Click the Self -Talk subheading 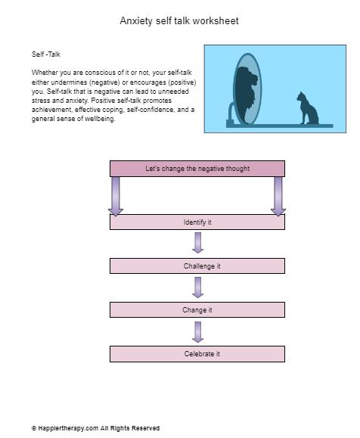pyautogui.click(x=46, y=54)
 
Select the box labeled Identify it pyautogui.click(x=197, y=222)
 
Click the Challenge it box pyautogui.click(x=197, y=266)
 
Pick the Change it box pyautogui.click(x=197, y=310)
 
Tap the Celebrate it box pyautogui.click(x=197, y=354)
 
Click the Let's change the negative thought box pyautogui.click(x=197, y=169)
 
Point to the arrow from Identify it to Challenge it pyautogui.click(x=197, y=243)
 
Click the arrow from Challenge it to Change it pyautogui.click(x=197, y=287)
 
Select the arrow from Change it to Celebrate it pyautogui.click(x=197, y=332)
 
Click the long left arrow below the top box pyautogui.click(x=116, y=196)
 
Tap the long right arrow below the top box pyautogui.click(x=278, y=196)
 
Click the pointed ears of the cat pyautogui.click(x=300, y=93)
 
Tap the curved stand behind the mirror pyautogui.click(x=231, y=112)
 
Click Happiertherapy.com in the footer pyautogui.click(x=68, y=428)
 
